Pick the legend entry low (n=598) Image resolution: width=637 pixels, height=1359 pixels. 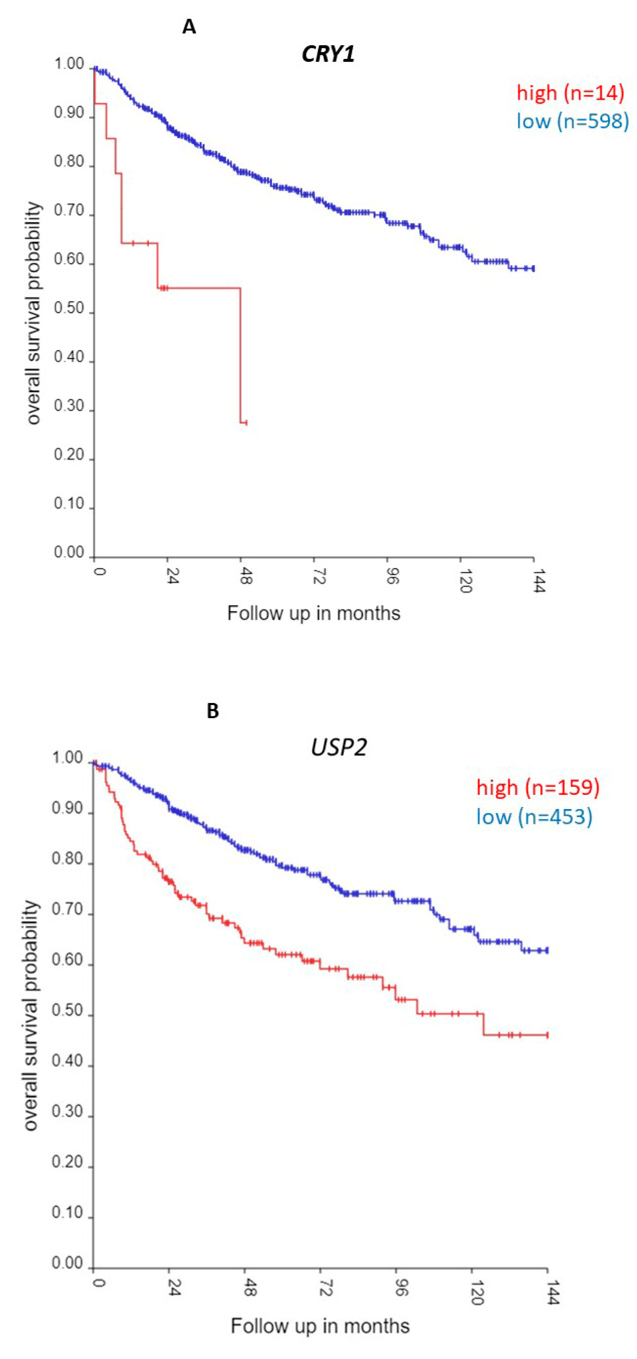[572, 121]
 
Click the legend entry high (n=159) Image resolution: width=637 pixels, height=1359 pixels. [538, 787]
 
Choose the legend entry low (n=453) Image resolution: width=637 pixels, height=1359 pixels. [534, 817]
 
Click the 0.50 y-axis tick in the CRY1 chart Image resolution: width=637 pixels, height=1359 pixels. [69, 309]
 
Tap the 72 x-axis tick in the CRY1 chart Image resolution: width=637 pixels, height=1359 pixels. [318, 577]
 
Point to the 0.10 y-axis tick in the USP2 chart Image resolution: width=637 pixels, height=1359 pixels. [67, 1213]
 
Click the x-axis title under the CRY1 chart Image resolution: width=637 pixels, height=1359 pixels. [313, 613]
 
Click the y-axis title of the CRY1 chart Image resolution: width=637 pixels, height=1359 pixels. [33, 313]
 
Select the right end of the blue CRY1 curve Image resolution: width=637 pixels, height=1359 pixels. [534, 268]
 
